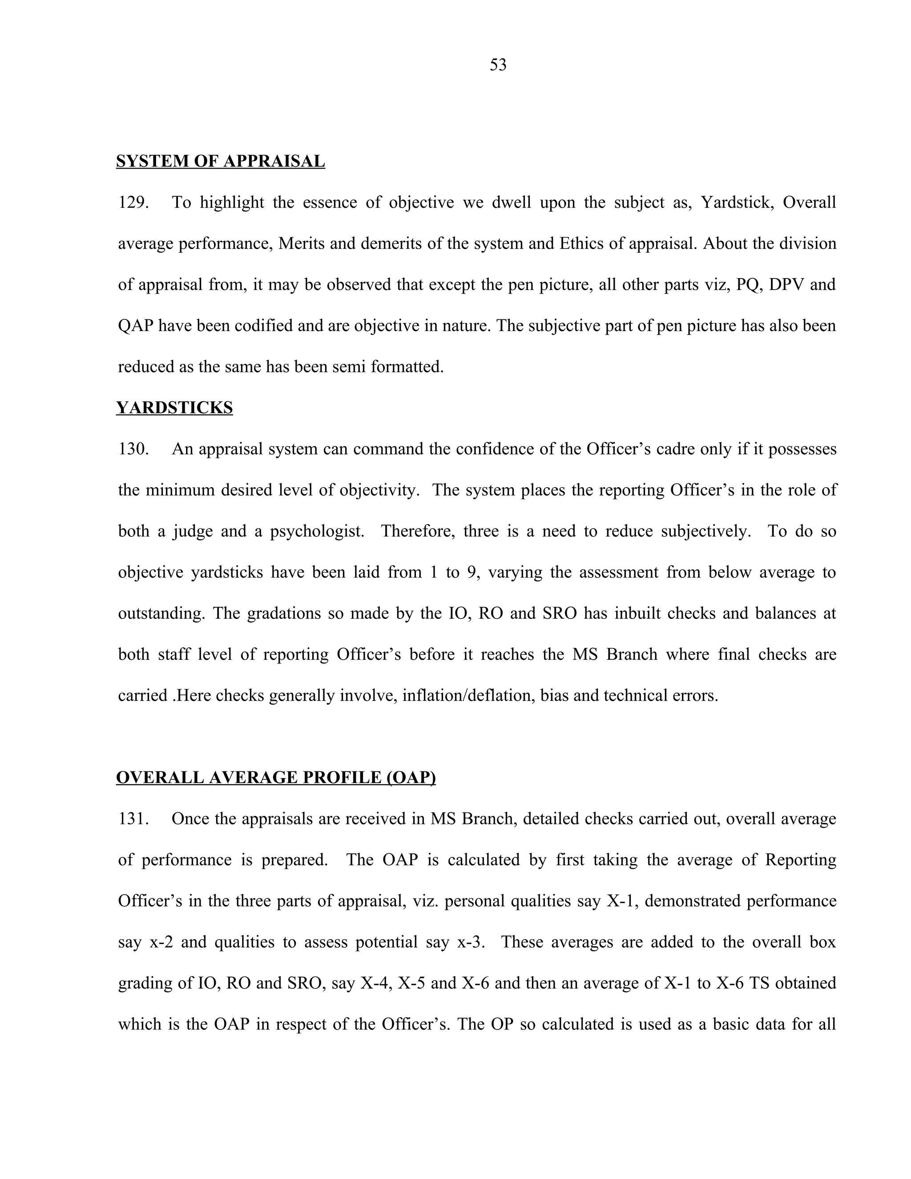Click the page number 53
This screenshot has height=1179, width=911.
point(498,65)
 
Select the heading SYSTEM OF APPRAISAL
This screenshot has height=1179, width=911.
point(220,161)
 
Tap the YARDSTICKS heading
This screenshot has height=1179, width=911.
point(174,408)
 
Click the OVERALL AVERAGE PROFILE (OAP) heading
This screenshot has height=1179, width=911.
point(276,777)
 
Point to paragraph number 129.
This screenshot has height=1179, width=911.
point(133,202)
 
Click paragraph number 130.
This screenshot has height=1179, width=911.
point(133,449)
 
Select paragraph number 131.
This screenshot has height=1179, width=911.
point(133,819)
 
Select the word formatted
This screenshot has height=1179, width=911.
point(407,367)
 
